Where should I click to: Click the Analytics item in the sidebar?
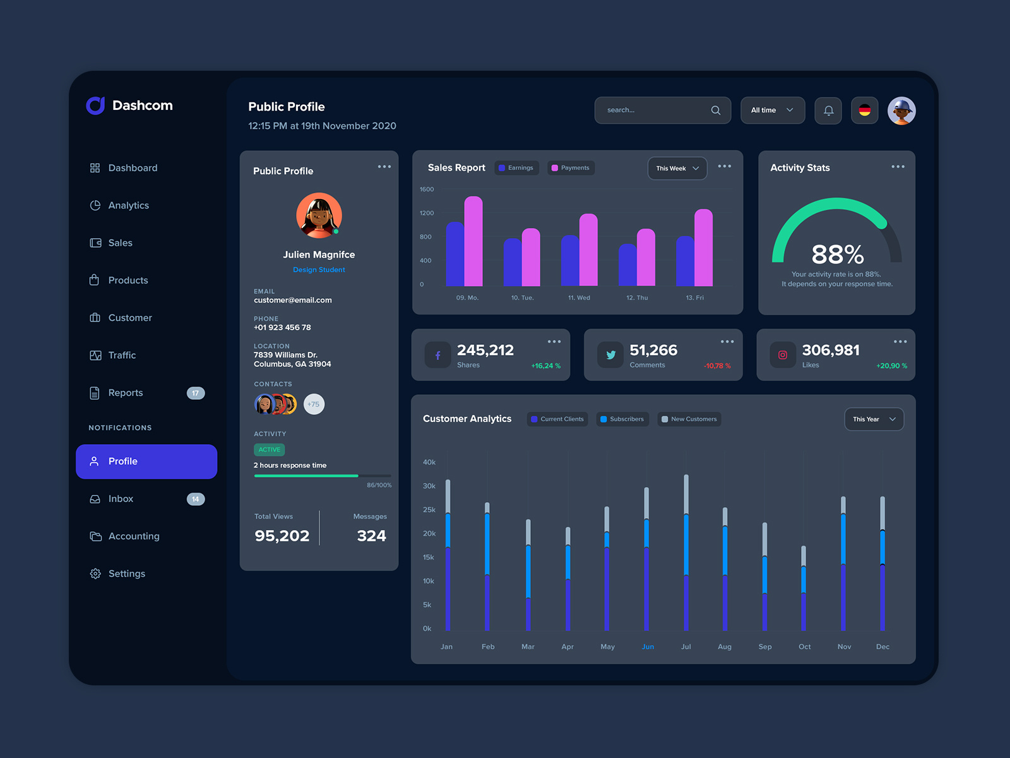[128, 205]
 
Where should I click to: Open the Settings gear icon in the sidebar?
[95, 574]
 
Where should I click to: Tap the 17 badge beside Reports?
[196, 393]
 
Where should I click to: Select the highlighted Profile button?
[146, 461]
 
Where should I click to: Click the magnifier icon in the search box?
[715, 110]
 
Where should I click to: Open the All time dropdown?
[772, 110]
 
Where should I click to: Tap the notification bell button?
[828, 111]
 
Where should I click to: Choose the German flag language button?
[864, 111]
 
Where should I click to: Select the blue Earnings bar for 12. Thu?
[627, 265]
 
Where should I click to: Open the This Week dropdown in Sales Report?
[677, 168]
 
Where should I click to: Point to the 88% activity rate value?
[837, 255]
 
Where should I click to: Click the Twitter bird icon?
[610, 355]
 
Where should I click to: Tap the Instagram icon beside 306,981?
[783, 355]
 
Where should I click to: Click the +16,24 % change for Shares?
[545, 366]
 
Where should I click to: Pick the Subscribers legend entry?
[622, 419]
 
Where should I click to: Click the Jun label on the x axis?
[648, 647]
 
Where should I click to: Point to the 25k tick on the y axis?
[429, 510]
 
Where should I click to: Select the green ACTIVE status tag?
[270, 450]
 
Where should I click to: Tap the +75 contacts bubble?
[314, 404]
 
